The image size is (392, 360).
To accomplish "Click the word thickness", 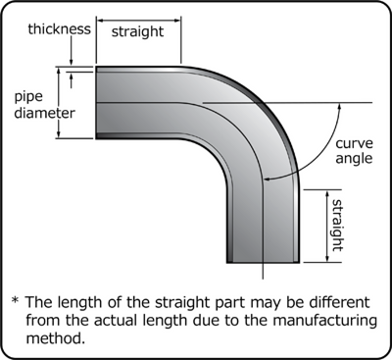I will point(47,29).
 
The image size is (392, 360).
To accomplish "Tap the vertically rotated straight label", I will point(337,225).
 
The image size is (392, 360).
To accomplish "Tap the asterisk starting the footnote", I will point(15,300).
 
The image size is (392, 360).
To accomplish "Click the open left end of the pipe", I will point(96,104).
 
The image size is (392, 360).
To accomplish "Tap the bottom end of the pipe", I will point(263,261).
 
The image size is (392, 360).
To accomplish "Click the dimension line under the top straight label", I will point(138,47).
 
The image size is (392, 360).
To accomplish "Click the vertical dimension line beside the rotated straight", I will point(325,225).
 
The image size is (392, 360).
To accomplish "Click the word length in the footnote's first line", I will point(90,300).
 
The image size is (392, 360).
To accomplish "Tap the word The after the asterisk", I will point(41,300).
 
